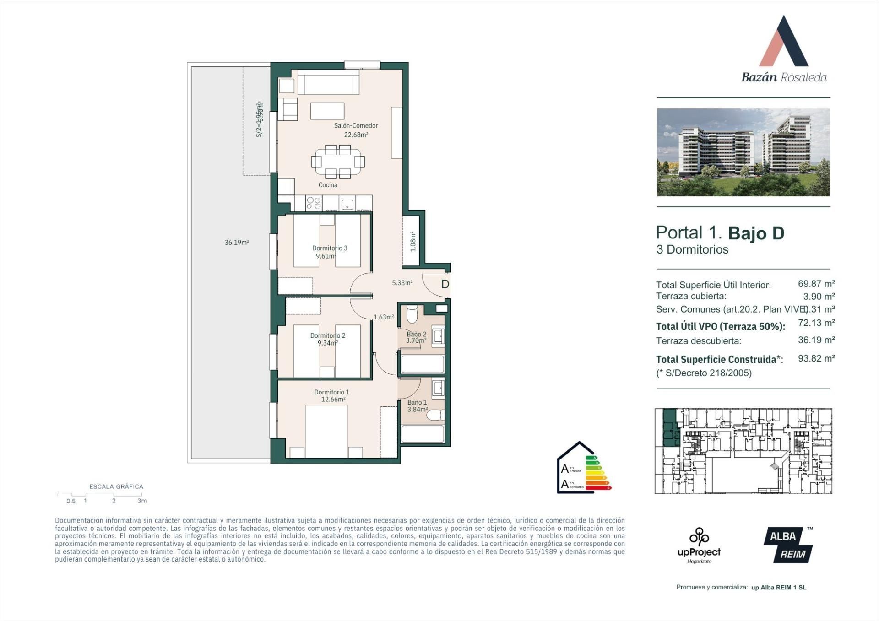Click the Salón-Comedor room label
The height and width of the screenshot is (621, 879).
click(356, 125)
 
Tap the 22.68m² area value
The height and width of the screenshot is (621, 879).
click(356, 135)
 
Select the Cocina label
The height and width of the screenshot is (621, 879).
click(328, 185)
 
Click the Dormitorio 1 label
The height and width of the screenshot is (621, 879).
click(331, 392)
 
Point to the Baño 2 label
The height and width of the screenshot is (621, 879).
click(416, 335)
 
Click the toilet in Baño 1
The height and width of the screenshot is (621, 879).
click(435, 416)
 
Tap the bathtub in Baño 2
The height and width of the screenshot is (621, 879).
click(422, 365)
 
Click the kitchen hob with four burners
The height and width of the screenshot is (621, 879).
click(314, 203)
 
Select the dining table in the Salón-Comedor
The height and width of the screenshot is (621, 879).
click(338, 162)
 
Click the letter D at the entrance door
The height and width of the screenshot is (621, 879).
click(445, 284)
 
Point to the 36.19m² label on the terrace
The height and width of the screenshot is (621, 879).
click(237, 243)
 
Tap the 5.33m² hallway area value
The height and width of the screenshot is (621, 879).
click(402, 283)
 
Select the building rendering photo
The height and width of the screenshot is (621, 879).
click(743, 152)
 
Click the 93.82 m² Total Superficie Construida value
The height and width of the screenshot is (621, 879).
click(816, 358)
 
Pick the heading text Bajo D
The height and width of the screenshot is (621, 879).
click(756, 233)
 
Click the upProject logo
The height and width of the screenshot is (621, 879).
click(699, 545)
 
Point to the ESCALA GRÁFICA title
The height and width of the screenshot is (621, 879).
click(116, 486)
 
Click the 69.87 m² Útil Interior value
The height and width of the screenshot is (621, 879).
click(816, 284)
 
